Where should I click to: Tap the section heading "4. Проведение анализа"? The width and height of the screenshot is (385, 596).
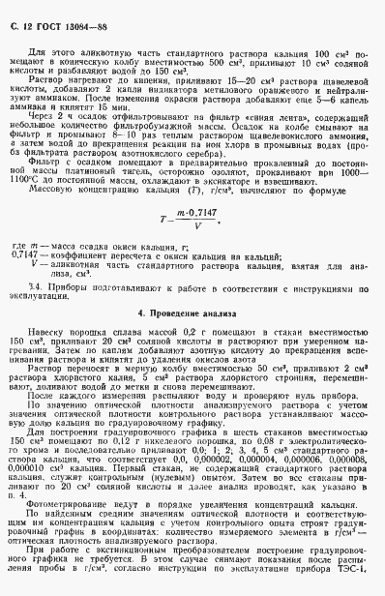click(x=192, y=315)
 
